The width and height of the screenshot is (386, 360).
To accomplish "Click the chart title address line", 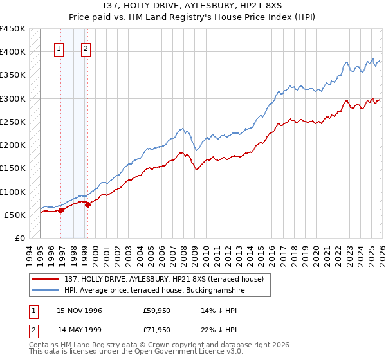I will click(x=192, y=6).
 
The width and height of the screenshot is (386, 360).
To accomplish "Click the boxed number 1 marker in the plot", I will click(x=59, y=47).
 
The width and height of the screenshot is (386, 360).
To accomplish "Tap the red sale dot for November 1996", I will click(x=60, y=210).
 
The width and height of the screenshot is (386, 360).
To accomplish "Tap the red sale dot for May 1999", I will click(x=87, y=204).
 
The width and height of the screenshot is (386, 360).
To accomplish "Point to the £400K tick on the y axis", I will click(x=13, y=52).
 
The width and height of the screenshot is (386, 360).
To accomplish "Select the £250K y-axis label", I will click(x=13, y=122).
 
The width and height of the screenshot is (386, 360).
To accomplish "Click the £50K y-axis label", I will click(x=15, y=215).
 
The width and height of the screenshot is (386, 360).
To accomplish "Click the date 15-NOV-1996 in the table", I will click(x=79, y=310).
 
